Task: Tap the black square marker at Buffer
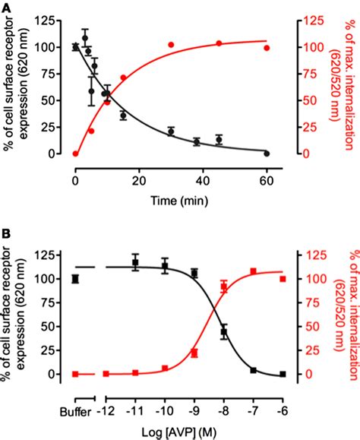click(75, 279)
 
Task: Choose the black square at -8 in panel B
click(224, 332)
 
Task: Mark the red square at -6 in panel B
click(283, 279)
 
